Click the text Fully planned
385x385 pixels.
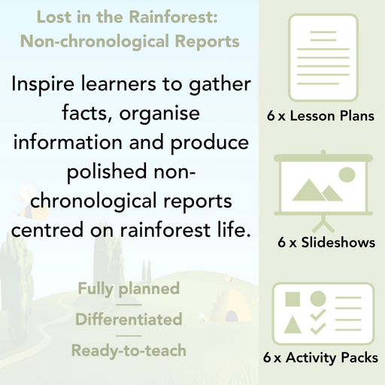128,289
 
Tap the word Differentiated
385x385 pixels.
128,320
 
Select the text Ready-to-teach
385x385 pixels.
128,350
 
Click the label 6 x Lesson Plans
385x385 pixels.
321,117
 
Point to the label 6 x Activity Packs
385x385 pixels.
321,359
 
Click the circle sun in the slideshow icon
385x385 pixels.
347,174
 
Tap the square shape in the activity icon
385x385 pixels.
293,299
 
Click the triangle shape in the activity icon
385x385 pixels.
293,325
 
